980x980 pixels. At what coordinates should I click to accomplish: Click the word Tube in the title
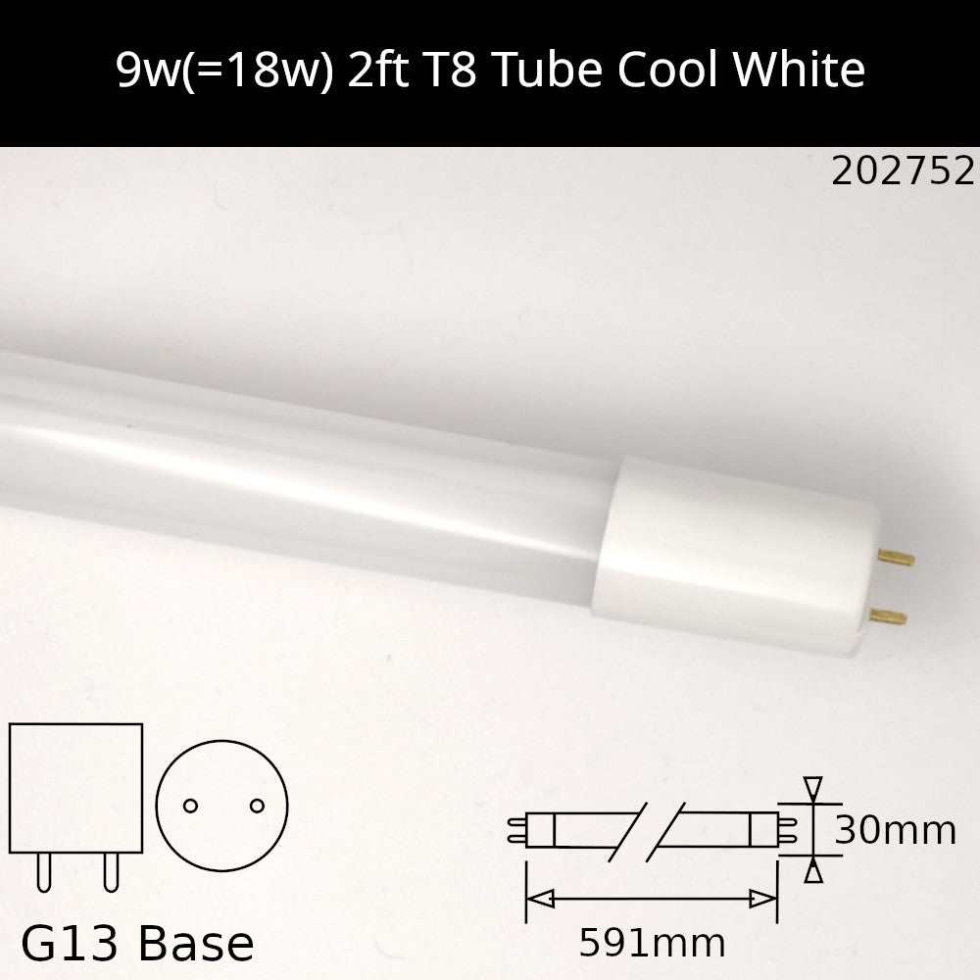pyautogui.click(x=548, y=69)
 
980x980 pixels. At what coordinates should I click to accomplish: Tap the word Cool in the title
pyautogui.click(x=666, y=69)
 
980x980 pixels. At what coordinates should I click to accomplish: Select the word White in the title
pyautogui.click(x=799, y=69)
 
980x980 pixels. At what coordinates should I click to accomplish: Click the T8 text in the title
pyautogui.click(x=450, y=69)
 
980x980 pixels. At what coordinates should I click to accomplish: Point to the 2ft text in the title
pyautogui.click(x=377, y=69)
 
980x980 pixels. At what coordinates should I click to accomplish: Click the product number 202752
pyautogui.click(x=903, y=171)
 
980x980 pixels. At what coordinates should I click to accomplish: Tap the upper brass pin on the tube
pyautogui.click(x=896, y=558)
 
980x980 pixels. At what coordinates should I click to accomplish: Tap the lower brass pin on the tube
pyautogui.click(x=888, y=616)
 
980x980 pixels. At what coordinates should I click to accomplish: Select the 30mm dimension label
pyautogui.click(x=895, y=831)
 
